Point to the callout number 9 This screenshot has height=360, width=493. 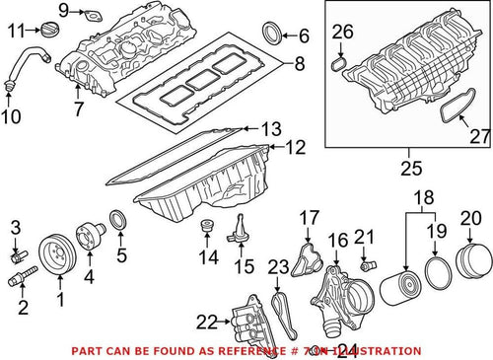pyautogui.click(x=64, y=11)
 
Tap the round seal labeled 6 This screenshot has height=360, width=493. pyautogui.click(x=273, y=37)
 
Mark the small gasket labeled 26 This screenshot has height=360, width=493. pyautogui.click(x=339, y=65)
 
